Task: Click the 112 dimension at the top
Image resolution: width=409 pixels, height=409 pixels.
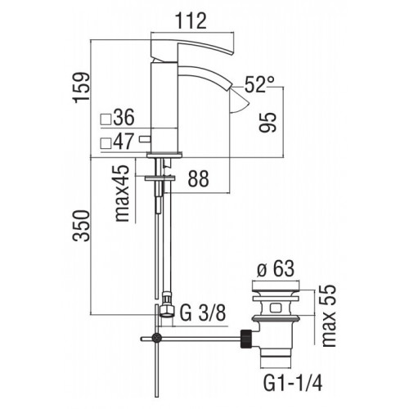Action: tap(191, 21)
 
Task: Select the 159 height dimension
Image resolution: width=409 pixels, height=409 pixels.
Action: tap(81, 88)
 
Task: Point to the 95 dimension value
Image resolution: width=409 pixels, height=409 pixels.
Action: tap(268, 122)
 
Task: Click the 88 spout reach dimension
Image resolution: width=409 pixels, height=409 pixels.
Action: tap(198, 178)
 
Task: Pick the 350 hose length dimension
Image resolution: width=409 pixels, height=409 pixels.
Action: tap(81, 226)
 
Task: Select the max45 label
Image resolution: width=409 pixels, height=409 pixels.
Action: tap(122, 193)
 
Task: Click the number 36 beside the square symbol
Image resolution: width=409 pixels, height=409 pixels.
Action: tap(124, 117)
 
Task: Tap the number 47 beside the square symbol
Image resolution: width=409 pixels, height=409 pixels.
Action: tap(124, 142)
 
